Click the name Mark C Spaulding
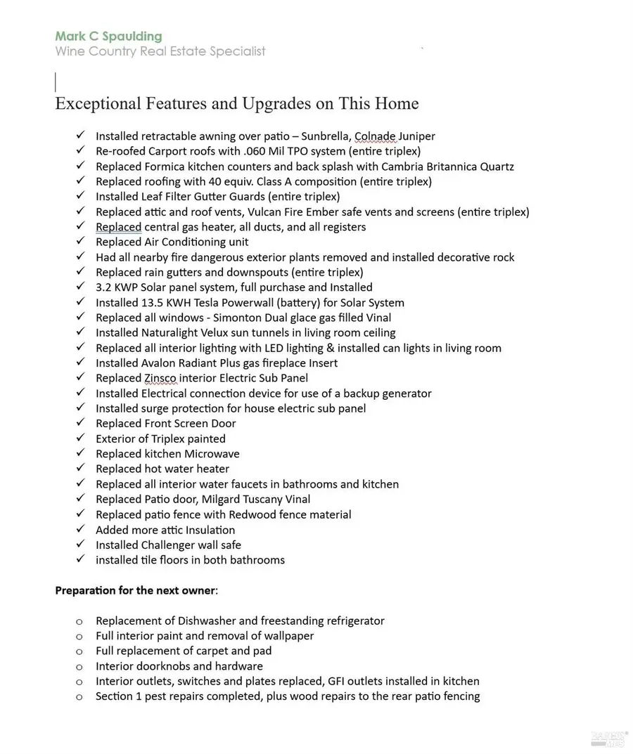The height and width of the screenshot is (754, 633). pos(108,36)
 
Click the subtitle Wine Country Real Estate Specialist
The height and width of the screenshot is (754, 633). pos(160,51)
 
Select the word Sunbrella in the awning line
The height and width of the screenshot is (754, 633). pos(324,136)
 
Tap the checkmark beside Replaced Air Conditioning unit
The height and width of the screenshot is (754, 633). pos(81,242)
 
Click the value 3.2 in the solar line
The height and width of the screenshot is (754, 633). pos(104,287)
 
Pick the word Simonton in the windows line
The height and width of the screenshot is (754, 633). pos(245,318)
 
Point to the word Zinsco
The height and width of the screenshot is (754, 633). pos(160,378)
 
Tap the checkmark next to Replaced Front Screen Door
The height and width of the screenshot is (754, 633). pos(81,423)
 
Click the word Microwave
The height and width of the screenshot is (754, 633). pos(212,454)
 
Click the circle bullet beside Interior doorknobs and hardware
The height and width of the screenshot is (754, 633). pos(79,666)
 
